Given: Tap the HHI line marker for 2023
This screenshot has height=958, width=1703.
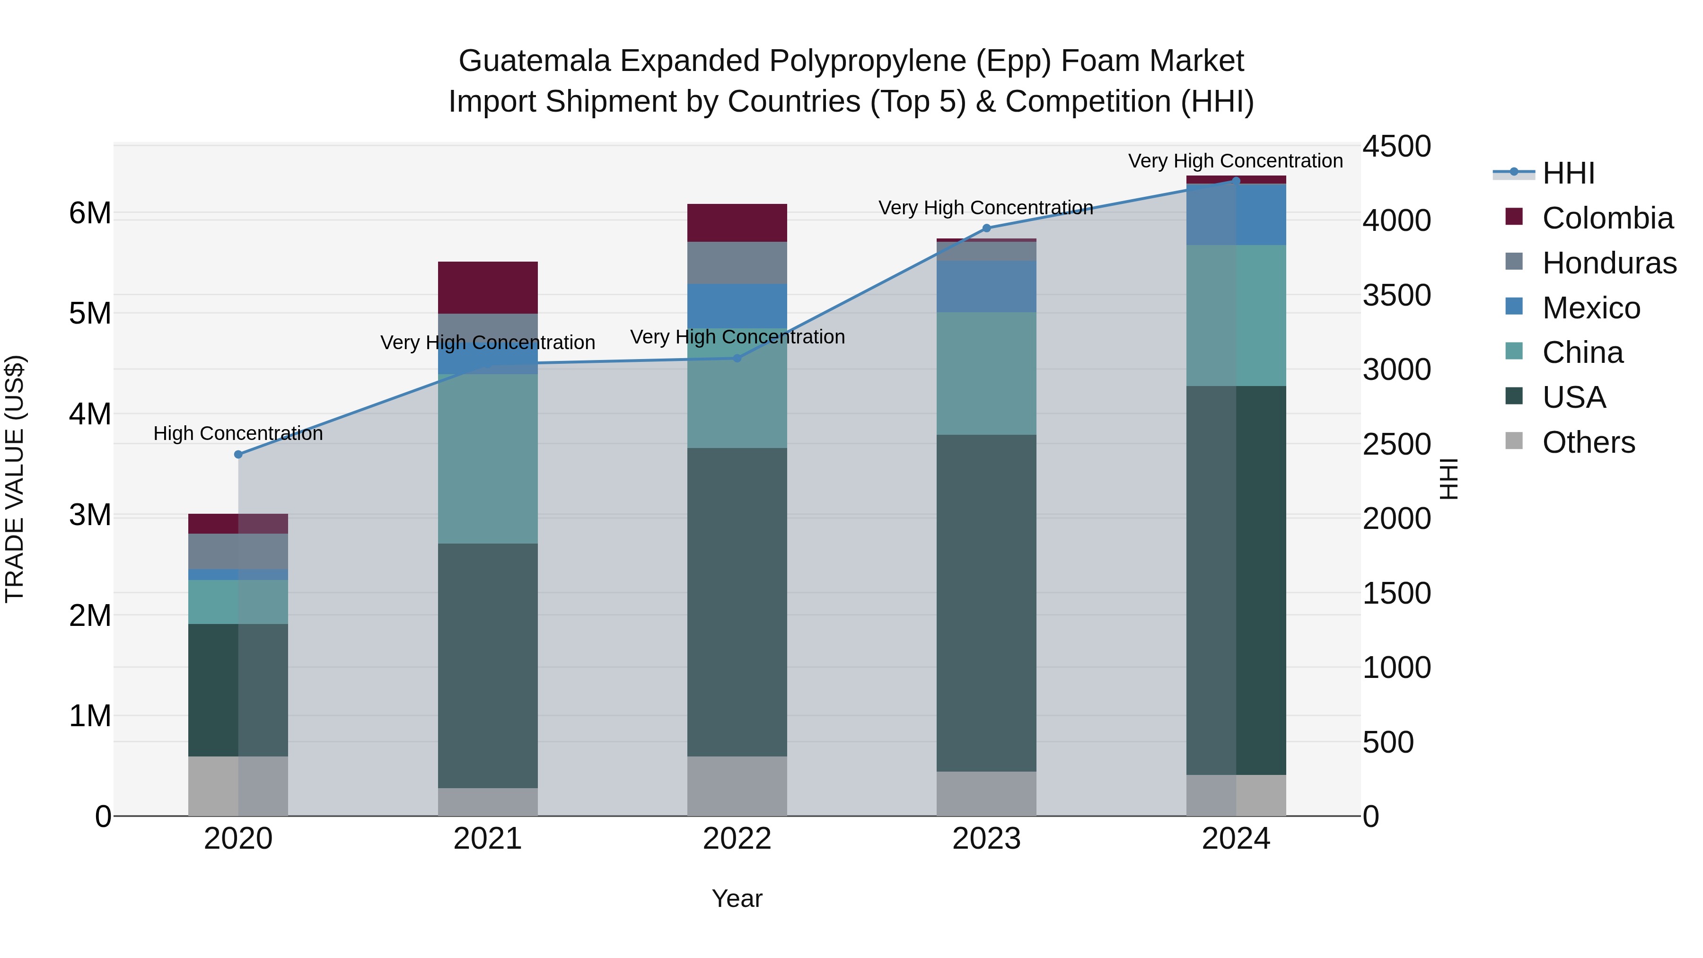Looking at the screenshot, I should tap(986, 228).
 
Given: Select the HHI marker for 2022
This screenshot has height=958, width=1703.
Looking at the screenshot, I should tap(737, 358).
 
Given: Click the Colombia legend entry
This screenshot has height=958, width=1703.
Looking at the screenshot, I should tap(1607, 218).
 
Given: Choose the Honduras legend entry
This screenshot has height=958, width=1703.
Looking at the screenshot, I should tap(1608, 263).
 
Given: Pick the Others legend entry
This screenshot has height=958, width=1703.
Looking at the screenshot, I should tap(1588, 442).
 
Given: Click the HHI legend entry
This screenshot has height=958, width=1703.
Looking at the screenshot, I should tap(1568, 173).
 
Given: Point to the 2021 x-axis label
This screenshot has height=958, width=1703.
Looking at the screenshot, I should tap(487, 839).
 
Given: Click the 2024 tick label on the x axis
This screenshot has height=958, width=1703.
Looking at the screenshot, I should tap(1236, 839).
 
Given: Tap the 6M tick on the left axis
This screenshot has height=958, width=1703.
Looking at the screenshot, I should tap(90, 213).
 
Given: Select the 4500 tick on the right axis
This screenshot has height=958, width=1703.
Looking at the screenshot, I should tap(1396, 146).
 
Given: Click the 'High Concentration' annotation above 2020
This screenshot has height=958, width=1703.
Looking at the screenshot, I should tap(238, 434).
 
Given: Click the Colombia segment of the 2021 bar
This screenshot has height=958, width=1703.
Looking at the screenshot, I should tap(487, 288).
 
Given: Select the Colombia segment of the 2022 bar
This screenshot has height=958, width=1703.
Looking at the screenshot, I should tap(737, 223).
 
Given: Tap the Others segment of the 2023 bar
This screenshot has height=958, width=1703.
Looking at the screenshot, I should tap(986, 793).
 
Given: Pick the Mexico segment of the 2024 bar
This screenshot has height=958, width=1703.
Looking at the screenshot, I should tap(1236, 215).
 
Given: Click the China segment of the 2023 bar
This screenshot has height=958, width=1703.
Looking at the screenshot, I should tap(986, 374).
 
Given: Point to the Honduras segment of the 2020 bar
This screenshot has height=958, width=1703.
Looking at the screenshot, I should tap(238, 552).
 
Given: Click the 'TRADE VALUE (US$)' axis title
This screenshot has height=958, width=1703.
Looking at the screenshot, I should tap(15, 479).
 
